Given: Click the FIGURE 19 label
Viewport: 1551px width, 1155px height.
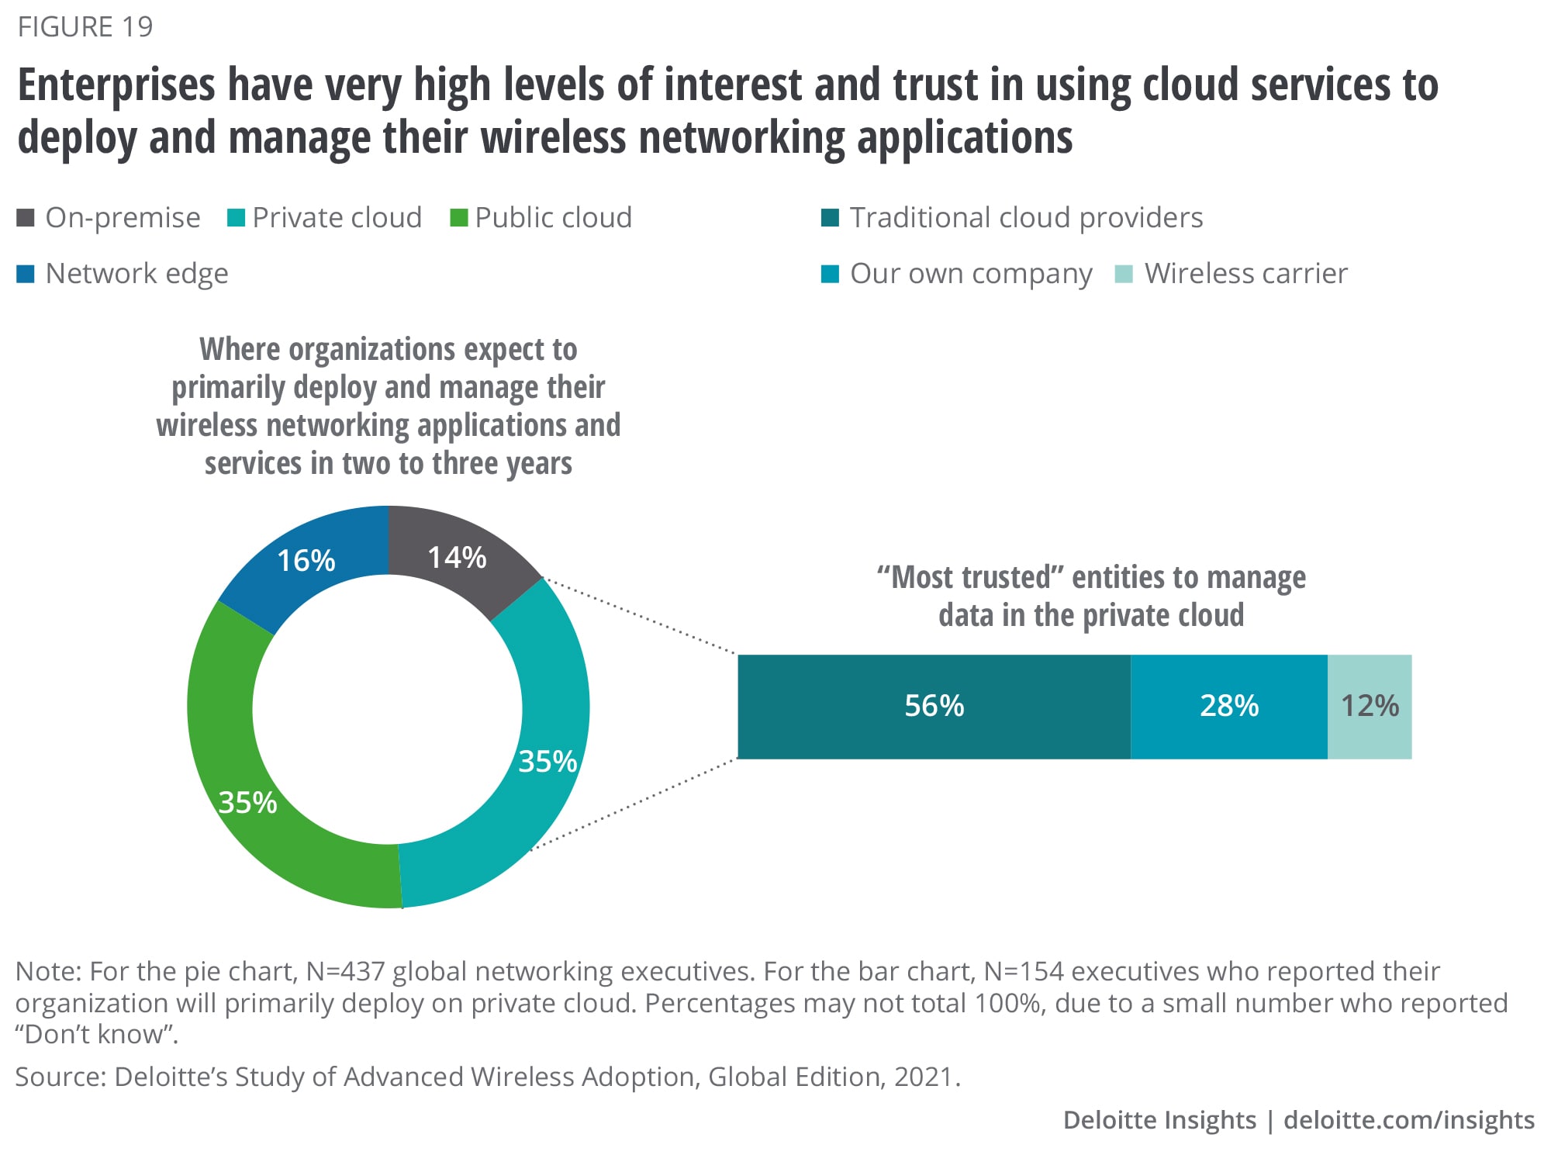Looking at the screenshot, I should pyautogui.click(x=85, y=27).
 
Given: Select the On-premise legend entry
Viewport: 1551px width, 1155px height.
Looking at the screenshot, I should pyautogui.click(x=109, y=218).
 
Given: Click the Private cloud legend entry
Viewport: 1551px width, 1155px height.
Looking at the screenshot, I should pyautogui.click(x=324, y=218).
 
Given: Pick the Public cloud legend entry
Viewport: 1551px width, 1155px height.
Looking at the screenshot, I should pyautogui.click(x=541, y=218).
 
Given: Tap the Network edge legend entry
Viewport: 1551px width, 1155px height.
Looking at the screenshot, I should pyautogui.click(x=123, y=274).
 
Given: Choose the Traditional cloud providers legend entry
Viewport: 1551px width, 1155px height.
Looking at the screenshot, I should pyautogui.click(x=1012, y=218).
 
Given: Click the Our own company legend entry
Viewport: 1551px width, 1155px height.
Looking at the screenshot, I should pyautogui.click(x=957, y=274).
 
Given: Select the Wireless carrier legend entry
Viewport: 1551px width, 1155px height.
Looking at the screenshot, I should pyautogui.click(x=1231, y=274).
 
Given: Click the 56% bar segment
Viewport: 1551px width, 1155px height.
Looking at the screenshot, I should pyautogui.click(x=934, y=706).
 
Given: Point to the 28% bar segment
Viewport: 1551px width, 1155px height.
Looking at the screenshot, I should pyautogui.click(x=1228, y=706).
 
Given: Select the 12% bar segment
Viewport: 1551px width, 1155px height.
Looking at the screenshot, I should pyautogui.click(x=1370, y=706).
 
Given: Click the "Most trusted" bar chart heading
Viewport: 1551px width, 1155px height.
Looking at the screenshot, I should pyautogui.click(x=1091, y=596).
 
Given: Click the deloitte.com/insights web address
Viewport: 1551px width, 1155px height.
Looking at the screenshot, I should pyautogui.click(x=1408, y=1120).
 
